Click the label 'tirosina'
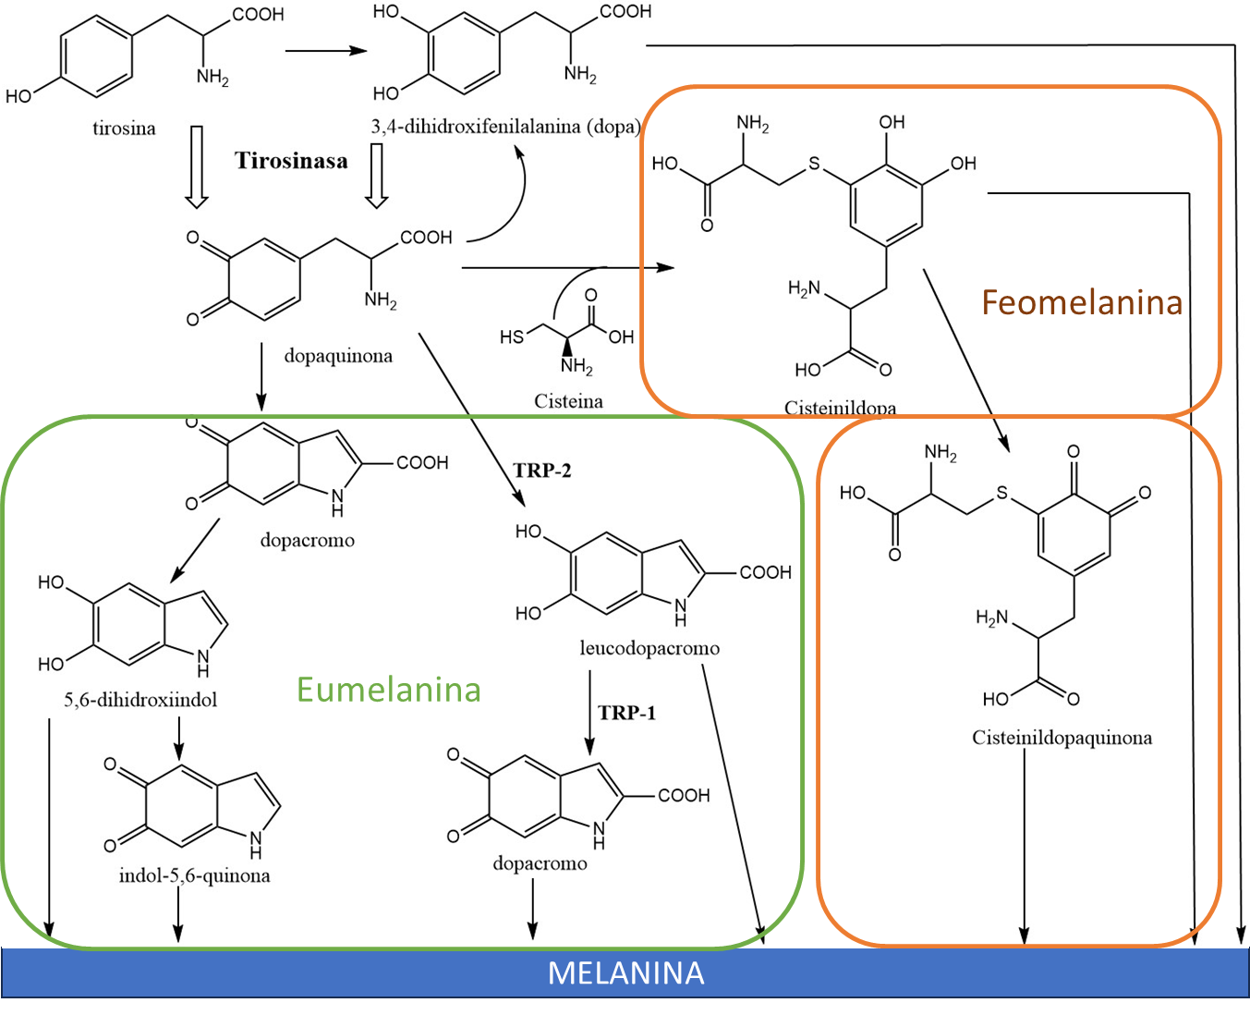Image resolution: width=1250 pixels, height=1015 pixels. pyautogui.click(x=124, y=128)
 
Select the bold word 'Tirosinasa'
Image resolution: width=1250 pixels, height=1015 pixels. pyautogui.click(x=291, y=161)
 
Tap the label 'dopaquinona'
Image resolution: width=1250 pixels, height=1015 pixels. pyautogui.click(x=338, y=356)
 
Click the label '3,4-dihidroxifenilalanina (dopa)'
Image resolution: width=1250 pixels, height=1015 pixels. pyautogui.click(x=505, y=127)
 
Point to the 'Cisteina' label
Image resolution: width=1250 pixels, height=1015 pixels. pyautogui.click(x=568, y=401)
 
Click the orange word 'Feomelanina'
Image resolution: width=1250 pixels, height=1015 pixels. pyautogui.click(x=1081, y=302)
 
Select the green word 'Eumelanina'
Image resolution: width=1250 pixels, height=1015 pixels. pyautogui.click(x=388, y=690)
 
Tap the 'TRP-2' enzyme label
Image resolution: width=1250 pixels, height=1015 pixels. pyautogui.click(x=542, y=471)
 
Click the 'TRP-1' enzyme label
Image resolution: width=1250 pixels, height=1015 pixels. pyautogui.click(x=626, y=713)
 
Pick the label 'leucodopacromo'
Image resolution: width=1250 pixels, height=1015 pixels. pyautogui.click(x=649, y=648)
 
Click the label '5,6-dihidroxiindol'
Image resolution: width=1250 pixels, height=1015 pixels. pyautogui.click(x=140, y=700)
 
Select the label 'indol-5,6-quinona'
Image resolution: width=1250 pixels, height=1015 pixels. pyautogui.click(x=194, y=875)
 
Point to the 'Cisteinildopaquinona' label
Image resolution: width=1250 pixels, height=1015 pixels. pyautogui.click(x=1062, y=738)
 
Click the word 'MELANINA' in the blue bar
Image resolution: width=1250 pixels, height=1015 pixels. pyautogui.click(x=625, y=972)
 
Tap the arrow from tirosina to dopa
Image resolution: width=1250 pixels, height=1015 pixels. pyautogui.click(x=325, y=51)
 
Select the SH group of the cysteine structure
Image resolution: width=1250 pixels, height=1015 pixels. pyautogui.click(x=512, y=337)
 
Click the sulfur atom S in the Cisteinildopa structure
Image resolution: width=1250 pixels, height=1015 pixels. pyautogui.click(x=814, y=164)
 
